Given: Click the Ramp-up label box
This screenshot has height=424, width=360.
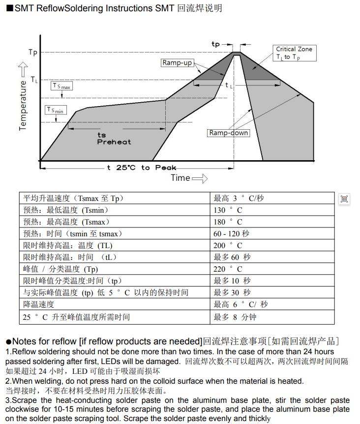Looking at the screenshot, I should [177, 63].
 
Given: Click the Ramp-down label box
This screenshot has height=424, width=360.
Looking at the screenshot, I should [229, 133].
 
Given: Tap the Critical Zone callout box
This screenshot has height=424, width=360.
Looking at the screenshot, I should [294, 53].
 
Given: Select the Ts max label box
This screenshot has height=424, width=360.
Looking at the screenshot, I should [62, 86].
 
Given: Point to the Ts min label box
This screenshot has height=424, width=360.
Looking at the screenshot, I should [55, 110].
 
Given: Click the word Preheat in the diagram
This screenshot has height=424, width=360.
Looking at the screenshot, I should [114, 142].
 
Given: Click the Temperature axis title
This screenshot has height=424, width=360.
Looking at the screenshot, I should [23, 106].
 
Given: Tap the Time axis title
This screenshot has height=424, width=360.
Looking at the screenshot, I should [180, 178].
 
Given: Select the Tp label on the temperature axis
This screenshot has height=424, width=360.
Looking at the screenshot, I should [33, 53].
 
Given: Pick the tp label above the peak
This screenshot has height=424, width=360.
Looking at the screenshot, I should [215, 44].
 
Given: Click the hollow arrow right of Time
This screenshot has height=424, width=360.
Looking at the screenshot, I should [200, 179].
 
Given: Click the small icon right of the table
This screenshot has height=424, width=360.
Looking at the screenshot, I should [344, 198].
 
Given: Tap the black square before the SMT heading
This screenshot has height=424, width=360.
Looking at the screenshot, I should [9, 8].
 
